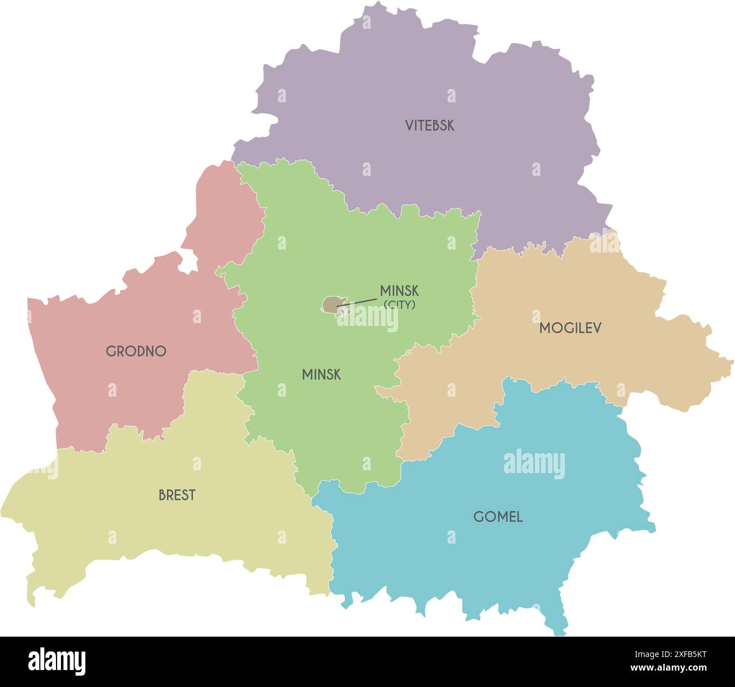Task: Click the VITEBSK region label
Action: click(x=429, y=126)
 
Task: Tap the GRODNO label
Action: click(x=136, y=351)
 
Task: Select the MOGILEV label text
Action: click(x=570, y=328)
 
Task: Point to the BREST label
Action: click(x=177, y=495)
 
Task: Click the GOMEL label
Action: click(x=498, y=517)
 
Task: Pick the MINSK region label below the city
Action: click(x=321, y=375)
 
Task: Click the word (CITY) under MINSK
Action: click(x=400, y=305)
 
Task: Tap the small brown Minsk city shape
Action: click(x=330, y=304)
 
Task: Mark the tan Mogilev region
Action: click(x=565, y=362)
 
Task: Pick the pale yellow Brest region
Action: click(x=170, y=526)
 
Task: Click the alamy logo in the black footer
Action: click(x=57, y=661)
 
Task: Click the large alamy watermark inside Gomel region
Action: click(x=534, y=462)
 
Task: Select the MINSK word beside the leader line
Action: click(x=399, y=291)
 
